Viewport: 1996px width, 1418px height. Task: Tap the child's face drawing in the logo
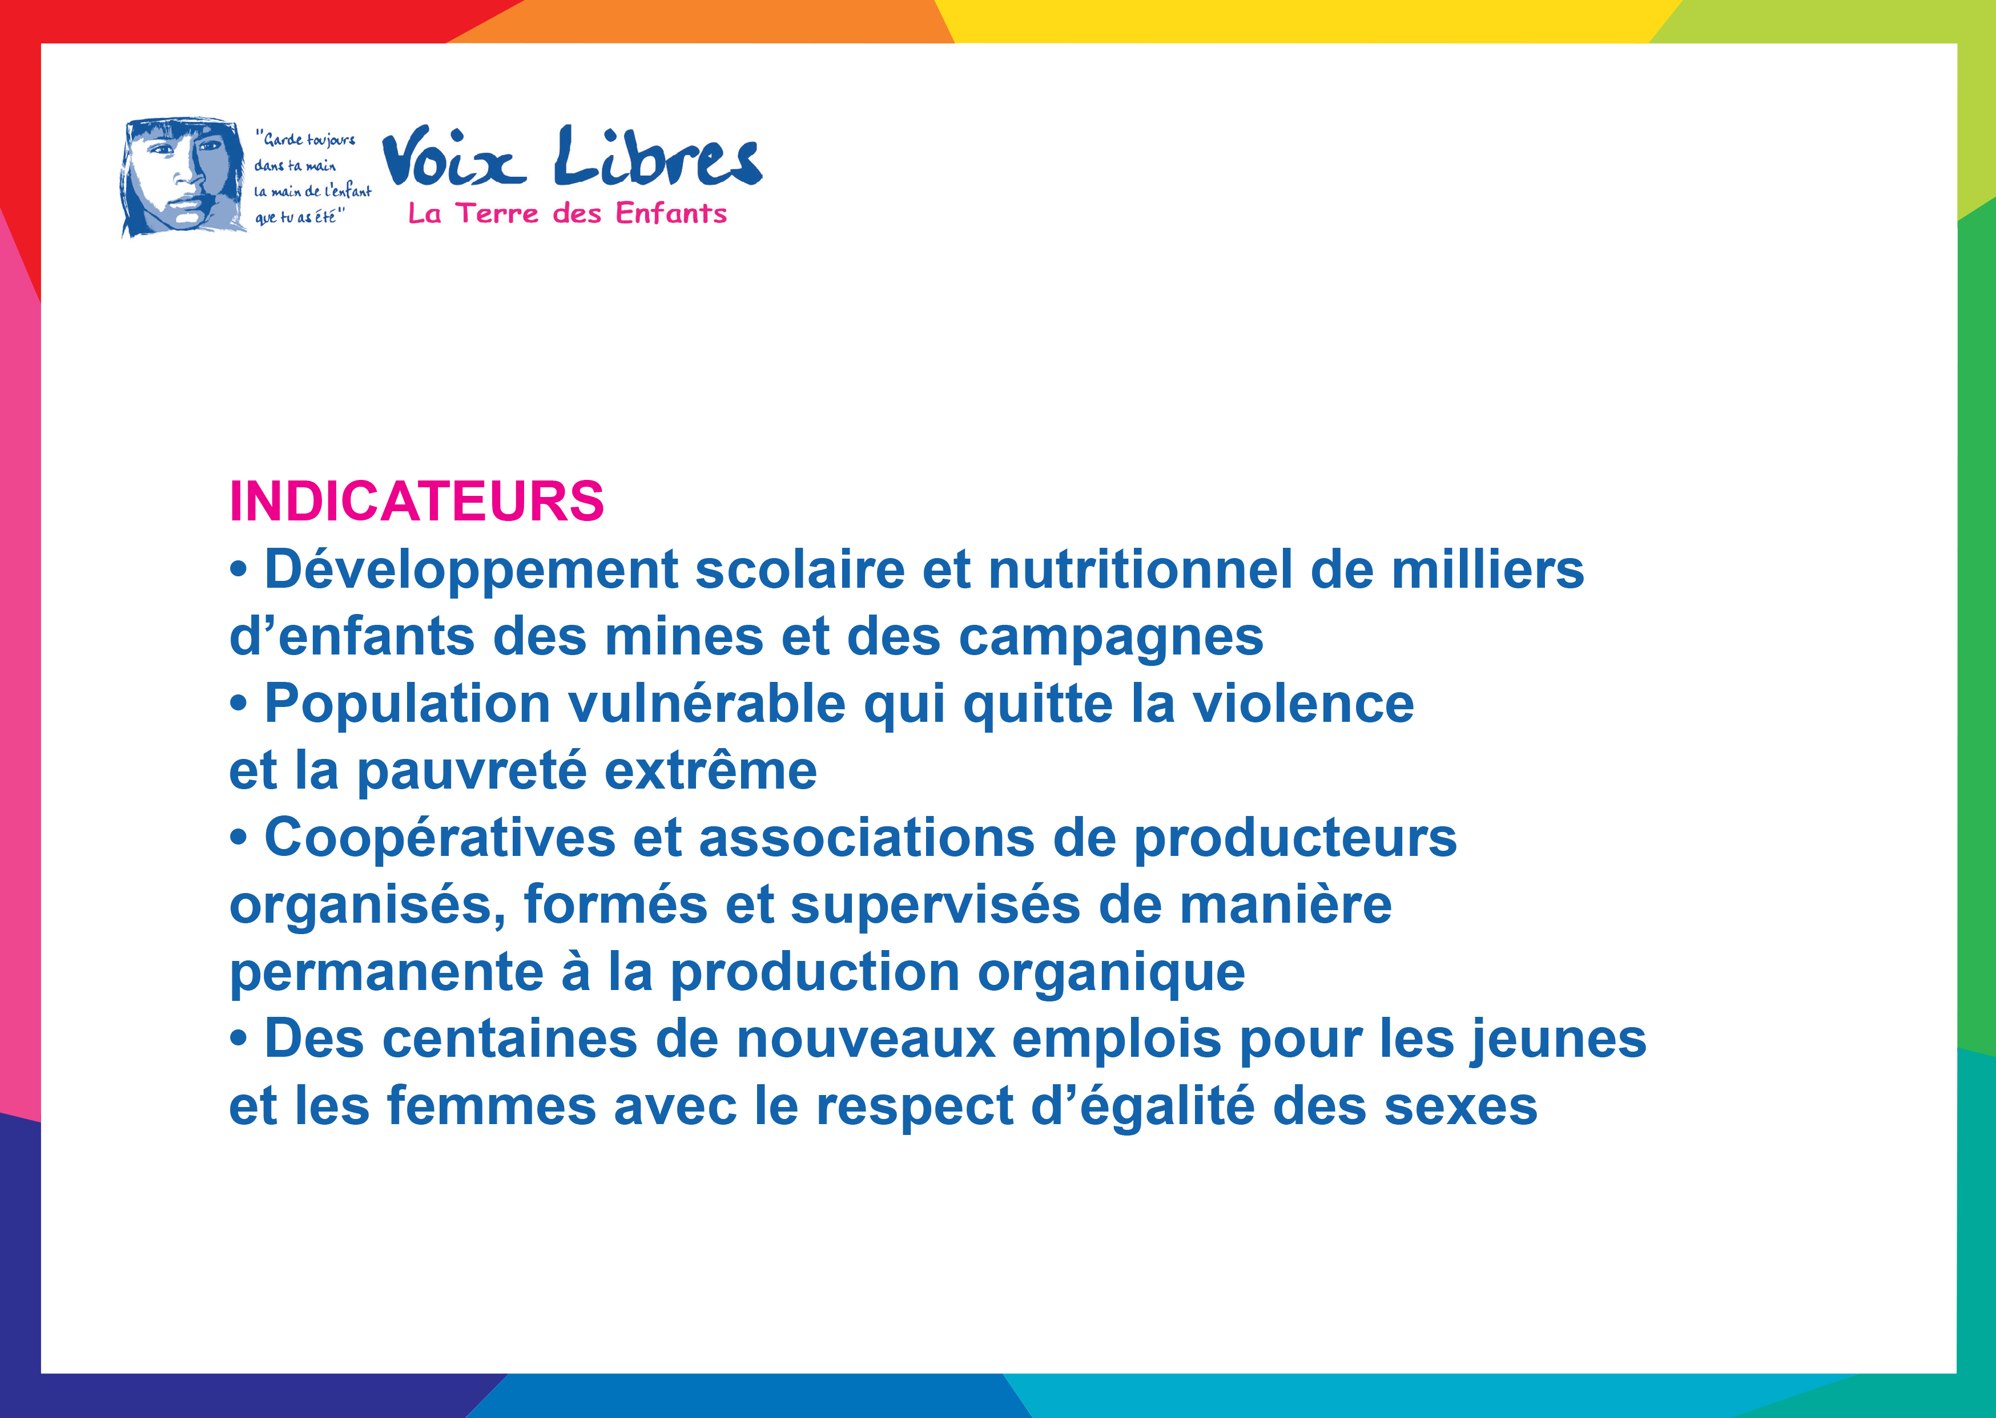[183, 177]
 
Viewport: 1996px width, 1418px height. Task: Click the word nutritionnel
[1140, 569]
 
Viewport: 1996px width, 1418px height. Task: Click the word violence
[1303, 704]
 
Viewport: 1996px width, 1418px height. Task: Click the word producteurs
[1295, 839]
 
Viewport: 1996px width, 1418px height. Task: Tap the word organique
[1111, 973]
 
